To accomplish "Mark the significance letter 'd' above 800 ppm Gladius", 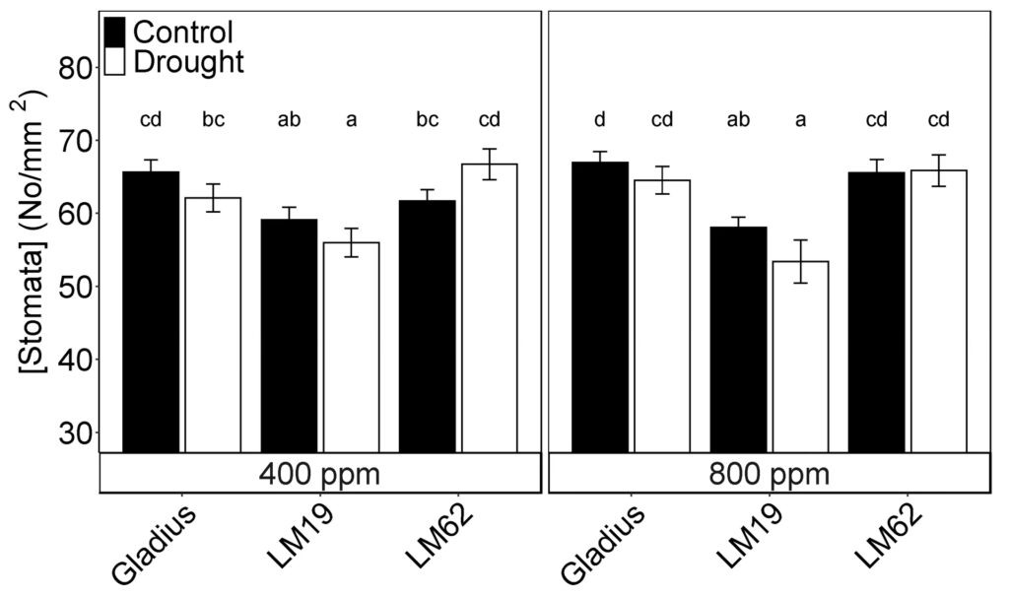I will [x=599, y=120].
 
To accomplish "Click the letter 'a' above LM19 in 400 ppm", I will [x=352, y=120].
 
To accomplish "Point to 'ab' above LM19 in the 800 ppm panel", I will [x=738, y=120].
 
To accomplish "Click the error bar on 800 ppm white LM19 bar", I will [x=800, y=261].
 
